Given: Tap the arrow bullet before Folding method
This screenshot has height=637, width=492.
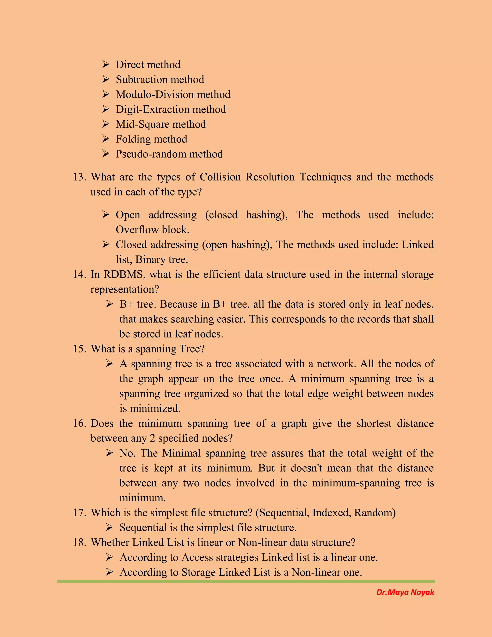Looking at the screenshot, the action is pyautogui.click(x=105, y=139).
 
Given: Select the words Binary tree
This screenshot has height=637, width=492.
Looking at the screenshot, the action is pyautogui.click(x=161, y=260).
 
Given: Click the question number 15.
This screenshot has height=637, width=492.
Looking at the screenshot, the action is pyautogui.click(x=79, y=349).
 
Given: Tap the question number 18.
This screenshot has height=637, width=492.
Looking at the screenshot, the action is pyautogui.click(x=79, y=542).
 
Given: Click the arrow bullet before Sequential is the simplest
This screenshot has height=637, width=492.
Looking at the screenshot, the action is pyautogui.click(x=109, y=527).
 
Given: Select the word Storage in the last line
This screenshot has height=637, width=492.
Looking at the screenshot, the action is pyautogui.click(x=198, y=572).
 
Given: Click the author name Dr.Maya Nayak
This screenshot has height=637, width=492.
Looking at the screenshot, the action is pyautogui.click(x=405, y=592).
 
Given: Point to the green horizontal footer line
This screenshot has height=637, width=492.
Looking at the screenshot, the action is pyautogui.click(x=246, y=581).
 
